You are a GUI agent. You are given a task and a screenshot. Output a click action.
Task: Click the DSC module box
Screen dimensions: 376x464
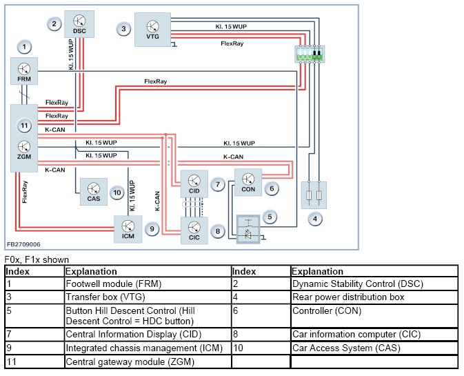point(79,22)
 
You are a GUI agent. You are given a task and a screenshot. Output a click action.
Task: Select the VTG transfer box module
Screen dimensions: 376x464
point(152,29)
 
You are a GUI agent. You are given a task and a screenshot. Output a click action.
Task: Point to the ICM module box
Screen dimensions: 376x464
point(128,227)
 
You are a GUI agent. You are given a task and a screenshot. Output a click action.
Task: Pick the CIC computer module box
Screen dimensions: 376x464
point(194,229)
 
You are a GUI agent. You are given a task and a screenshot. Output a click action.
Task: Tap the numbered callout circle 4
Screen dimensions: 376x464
point(315,220)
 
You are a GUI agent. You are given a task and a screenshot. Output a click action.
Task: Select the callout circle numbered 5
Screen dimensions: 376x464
point(271,217)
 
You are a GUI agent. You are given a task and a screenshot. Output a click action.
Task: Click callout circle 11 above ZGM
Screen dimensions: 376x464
point(25,126)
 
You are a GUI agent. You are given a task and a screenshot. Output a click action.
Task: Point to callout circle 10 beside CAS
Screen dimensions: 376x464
point(117,193)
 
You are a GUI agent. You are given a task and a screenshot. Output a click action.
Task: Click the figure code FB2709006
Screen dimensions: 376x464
point(24,244)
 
